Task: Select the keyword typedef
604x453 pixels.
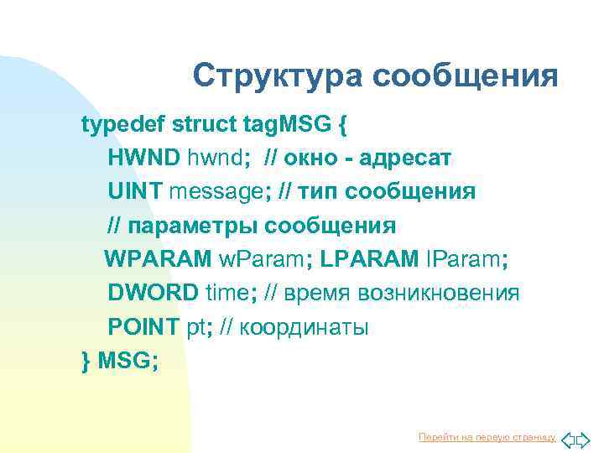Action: pos(122,125)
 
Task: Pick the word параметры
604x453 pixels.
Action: pos(194,226)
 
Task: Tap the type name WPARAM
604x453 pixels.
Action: pos(158,260)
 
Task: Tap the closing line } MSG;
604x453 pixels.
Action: pos(119,361)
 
